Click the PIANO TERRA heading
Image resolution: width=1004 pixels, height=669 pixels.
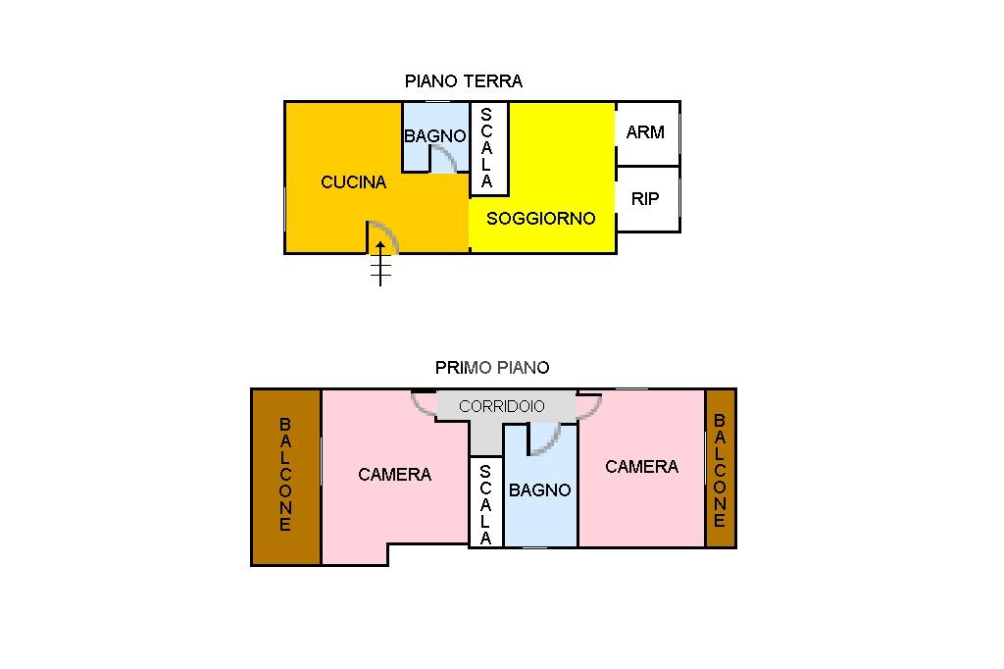point(464,81)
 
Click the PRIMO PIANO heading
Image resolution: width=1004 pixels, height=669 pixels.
point(492,368)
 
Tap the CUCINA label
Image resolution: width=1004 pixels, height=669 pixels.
point(354,181)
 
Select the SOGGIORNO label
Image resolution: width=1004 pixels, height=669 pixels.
point(541,218)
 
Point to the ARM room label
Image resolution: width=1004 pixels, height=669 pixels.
point(645,132)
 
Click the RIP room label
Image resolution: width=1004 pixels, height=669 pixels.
point(645,199)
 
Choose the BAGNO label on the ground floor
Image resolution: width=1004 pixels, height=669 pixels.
point(434,136)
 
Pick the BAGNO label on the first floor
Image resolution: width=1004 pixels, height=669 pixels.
point(539,489)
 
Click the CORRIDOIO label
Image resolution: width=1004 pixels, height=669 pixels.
point(502,406)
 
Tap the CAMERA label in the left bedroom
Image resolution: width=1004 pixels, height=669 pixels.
point(394,475)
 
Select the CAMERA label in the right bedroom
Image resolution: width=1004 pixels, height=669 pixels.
point(641,467)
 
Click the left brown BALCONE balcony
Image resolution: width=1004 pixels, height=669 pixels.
point(285,477)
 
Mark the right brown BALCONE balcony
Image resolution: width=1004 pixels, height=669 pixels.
point(720,470)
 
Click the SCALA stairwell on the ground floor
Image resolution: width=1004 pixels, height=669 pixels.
point(487,148)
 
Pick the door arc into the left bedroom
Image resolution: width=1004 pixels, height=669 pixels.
point(424,405)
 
